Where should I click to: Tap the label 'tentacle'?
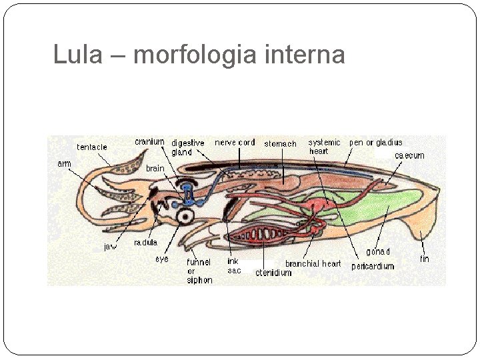tap(92, 147)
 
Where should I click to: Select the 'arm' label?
tap(64, 163)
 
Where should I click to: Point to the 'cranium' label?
tap(149, 141)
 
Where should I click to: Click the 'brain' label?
tap(155, 169)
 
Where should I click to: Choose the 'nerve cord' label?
tap(235, 142)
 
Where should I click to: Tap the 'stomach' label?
tap(280, 143)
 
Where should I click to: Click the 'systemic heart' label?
tap(324, 147)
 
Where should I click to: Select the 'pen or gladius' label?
tap(376, 142)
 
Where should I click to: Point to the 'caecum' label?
tap(409, 155)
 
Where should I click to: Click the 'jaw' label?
tap(110, 247)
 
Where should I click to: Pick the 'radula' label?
tap(145, 243)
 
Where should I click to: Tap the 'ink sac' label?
tap(234, 266)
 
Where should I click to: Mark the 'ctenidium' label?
tap(273, 273)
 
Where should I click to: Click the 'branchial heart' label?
tap(313, 264)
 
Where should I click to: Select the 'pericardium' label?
tap(373, 267)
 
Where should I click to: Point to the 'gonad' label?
tap(378, 252)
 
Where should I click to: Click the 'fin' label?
tap(425, 259)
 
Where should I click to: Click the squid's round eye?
tap(184, 215)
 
